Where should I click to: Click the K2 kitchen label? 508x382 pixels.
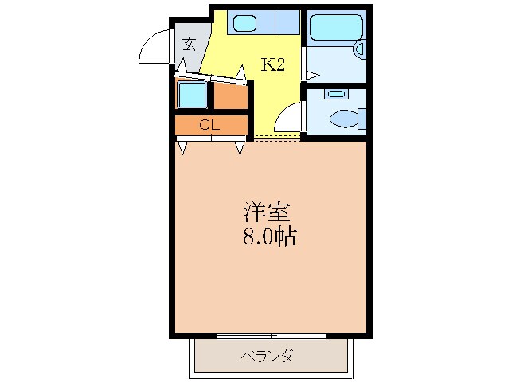pos(273,65)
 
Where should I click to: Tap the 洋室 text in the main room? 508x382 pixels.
pos(267,213)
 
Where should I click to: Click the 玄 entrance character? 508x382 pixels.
pos(190,44)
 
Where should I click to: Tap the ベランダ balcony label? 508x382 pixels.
pos(268,356)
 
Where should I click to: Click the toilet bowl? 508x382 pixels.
pos(342,119)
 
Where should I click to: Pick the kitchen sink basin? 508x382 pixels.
pos(244,23)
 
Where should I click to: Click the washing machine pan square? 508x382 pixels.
pos(191,95)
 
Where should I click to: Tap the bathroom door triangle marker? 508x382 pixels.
pos(312,76)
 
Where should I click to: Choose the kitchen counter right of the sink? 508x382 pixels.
pos(285,22)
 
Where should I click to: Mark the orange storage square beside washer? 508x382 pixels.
pos(231,95)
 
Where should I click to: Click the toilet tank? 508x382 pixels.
pos(361,119)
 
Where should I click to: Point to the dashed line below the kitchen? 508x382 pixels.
pos(277,138)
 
